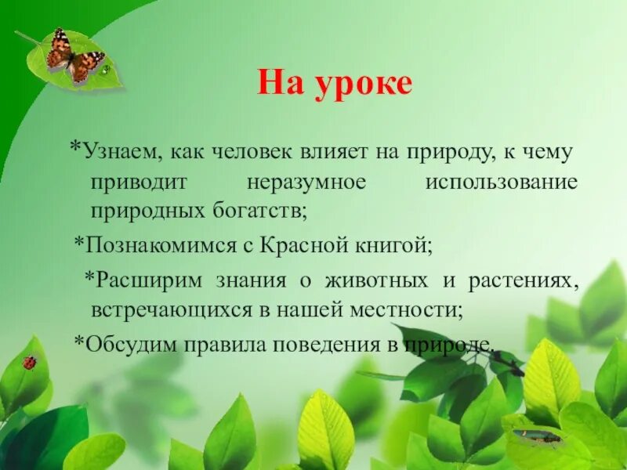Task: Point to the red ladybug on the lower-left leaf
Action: click(x=30, y=362)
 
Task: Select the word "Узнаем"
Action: click(x=117, y=153)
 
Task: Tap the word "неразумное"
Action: click(x=306, y=183)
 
